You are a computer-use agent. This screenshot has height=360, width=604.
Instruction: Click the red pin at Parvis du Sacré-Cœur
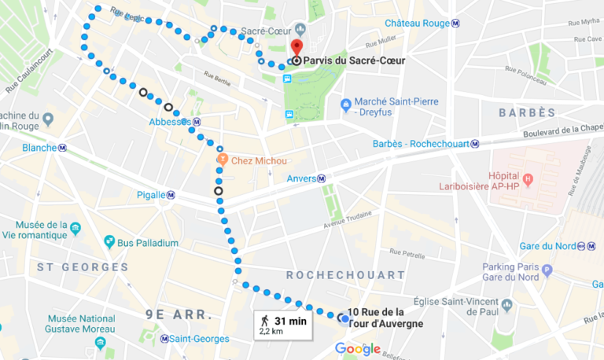pyautogui.click(x=296, y=46)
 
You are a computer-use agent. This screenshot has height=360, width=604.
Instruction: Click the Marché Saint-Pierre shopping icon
pyautogui.click(x=345, y=104)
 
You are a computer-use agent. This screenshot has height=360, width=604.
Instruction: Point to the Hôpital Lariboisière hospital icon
pyautogui.click(x=528, y=178)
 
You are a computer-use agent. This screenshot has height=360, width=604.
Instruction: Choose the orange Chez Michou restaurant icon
pyautogui.click(x=223, y=160)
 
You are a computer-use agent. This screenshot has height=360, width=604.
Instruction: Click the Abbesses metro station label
pyautogui.click(x=175, y=122)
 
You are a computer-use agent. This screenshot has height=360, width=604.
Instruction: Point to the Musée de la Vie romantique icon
pyautogui.click(x=75, y=229)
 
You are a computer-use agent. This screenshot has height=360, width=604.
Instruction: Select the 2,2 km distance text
pyautogui.click(x=271, y=332)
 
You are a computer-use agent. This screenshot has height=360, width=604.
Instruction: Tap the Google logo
pyautogui.click(x=358, y=349)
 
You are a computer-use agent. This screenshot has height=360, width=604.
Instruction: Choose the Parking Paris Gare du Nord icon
pyautogui.click(x=547, y=270)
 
